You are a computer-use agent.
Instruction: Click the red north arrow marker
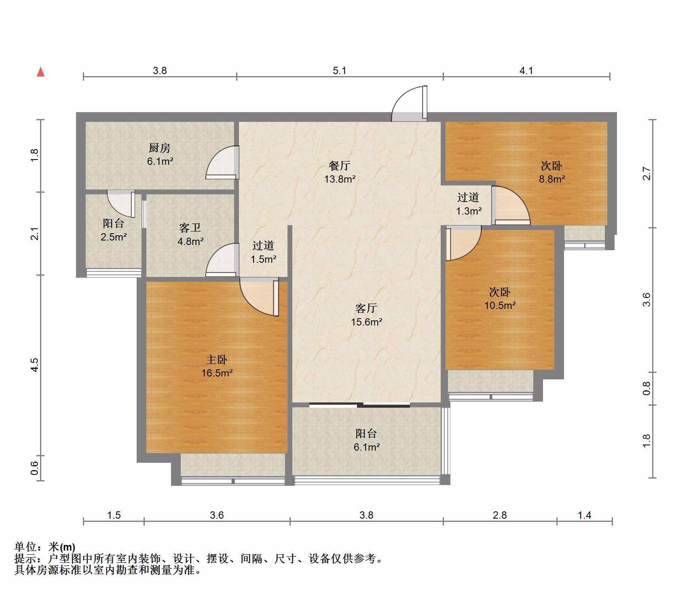pyautogui.click(x=40, y=72)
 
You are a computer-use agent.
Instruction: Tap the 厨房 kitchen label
pyautogui.click(x=160, y=148)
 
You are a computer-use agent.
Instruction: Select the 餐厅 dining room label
pyautogui.click(x=340, y=165)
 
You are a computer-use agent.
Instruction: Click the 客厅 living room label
pyautogui.click(x=366, y=309)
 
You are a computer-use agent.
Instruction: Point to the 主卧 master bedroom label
pyautogui.click(x=217, y=360)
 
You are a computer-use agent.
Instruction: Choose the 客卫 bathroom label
pyautogui.click(x=190, y=228)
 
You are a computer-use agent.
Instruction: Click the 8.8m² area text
pyautogui.click(x=551, y=179)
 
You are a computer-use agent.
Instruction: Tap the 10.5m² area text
pyautogui.click(x=500, y=305)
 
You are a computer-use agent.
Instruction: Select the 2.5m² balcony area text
pyautogui.click(x=114, y=237)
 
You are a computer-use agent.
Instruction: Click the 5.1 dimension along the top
pyautogui.click(x=340, y=70)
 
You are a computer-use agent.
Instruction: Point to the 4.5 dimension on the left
pyautogui.click(x=35, y=365)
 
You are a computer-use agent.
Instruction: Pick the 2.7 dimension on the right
pyautogui.click(x=647, y=173)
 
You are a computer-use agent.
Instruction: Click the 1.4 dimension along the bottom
pyautogui.click(x=585, y=515)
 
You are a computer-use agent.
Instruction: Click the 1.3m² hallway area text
pyautogui.click(x=469, y=211)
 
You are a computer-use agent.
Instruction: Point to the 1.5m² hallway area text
pyautogui.click(x=264, y=259)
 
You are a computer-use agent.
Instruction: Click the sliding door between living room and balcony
pyautogui.click(x=359, y=404)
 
